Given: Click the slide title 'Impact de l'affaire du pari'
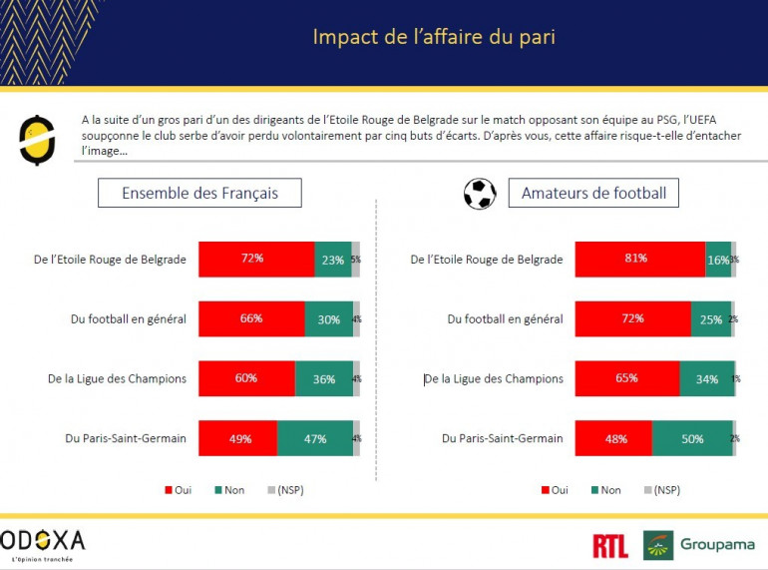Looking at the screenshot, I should click(x=433, y=37).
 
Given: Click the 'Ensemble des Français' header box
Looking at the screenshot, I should click(x=199, y=193).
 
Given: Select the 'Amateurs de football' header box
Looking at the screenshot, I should click(x=592, y=193).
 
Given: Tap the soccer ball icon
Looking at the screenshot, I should click(x=480, y=193).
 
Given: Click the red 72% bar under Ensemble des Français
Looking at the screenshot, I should click(x=256, y=260).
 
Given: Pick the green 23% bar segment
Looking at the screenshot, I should click(x=333, y=260).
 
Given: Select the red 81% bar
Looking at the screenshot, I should click(x=640, y=260).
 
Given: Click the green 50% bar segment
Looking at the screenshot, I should click(x=692, y=438).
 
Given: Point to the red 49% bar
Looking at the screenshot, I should click(x=237, y=438).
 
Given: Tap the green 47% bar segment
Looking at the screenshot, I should click(x=314, y=438).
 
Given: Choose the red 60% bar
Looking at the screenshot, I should click(x=246, y=378).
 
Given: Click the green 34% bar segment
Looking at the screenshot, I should click(x=706, y=378).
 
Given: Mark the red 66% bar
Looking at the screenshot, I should click(x=251, y=318).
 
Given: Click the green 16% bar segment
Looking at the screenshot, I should click(x=718, y=260).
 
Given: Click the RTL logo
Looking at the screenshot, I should click(x=609, y=545).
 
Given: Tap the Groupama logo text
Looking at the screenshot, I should click(x=718, y=545).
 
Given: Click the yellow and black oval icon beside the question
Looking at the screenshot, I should click(x=37, y=140).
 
